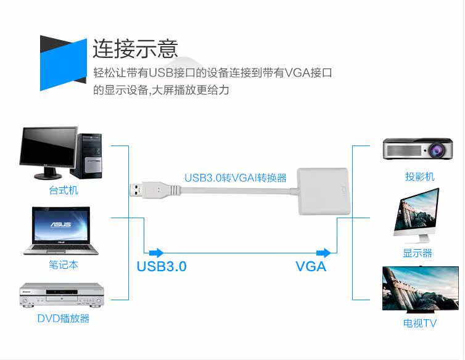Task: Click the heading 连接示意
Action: (x=135, y=48)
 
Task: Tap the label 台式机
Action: (x=64, y=190)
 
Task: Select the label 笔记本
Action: (x=64, y=264)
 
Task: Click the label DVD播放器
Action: (x=63, y=319)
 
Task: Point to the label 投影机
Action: (x=419, y=176)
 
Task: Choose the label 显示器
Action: (x=418, y=253)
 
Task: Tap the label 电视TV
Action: (x=419, y=323)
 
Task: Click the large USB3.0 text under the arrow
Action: (x=162, y=266)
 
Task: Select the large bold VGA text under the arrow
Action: (x=311, y=266)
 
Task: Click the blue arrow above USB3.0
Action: (x=156, y=253)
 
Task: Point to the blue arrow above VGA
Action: (x=324, y=253)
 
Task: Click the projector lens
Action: (x=436, y=150)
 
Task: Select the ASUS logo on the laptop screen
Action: (x=61, y=224)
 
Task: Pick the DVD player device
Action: (x=62, y=295)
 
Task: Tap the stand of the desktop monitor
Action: (x=48, y=173)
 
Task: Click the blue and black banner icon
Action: (x=64, y=63)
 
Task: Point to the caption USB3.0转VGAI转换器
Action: (x=236, y=178)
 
